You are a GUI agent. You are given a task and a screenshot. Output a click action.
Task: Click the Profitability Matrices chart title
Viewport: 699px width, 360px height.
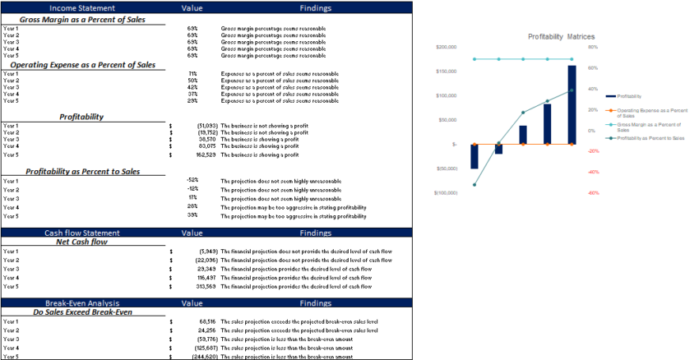562,37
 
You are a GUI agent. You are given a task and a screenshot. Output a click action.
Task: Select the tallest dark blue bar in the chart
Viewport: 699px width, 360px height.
572,104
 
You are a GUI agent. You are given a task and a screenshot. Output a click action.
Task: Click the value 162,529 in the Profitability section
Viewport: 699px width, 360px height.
201,155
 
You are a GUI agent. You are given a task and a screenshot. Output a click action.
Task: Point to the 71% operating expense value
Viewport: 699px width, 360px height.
192,74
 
